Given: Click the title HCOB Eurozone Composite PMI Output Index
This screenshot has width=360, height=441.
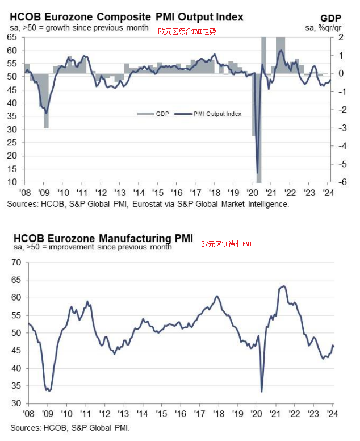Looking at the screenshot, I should point(126,17).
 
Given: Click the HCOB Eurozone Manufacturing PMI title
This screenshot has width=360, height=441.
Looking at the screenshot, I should point(103,237).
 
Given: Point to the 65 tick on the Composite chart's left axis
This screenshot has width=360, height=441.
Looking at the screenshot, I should point(11,37).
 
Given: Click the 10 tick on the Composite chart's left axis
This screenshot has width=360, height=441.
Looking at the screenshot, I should point(11,182).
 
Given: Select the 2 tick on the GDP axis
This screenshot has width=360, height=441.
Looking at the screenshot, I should point(340,37).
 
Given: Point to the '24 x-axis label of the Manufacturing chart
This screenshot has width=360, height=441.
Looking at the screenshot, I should point(332,414).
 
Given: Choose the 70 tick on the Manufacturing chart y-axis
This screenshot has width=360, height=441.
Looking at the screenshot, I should point(15,263).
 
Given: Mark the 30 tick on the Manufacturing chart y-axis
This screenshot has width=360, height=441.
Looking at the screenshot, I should point(15,403).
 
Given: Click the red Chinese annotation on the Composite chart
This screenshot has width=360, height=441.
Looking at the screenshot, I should point(187,31).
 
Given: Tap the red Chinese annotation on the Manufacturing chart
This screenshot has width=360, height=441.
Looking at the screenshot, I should point(227,244).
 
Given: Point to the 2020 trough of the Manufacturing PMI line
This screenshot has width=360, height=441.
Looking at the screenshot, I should point(262,391).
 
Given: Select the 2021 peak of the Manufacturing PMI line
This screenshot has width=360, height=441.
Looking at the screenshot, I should point(283,286).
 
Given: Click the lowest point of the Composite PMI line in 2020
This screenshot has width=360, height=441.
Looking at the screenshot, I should point(258,173).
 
